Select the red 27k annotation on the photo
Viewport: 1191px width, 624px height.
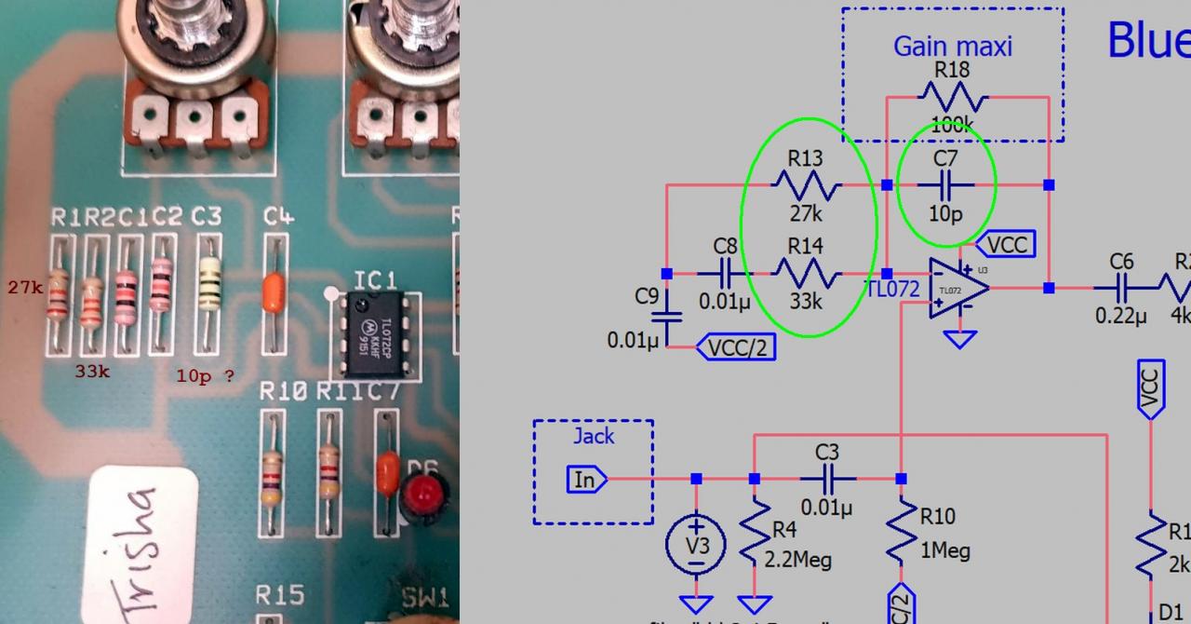25,288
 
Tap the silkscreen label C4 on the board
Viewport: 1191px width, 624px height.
278,217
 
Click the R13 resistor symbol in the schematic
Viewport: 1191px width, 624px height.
806,184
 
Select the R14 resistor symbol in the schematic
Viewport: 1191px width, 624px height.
806,273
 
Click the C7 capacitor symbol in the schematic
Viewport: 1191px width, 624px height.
945,184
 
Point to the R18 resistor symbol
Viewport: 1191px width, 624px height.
952,96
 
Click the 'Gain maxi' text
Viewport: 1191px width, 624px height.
952,46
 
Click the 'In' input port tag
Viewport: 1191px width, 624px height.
586,480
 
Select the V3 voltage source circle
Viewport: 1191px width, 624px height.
696,544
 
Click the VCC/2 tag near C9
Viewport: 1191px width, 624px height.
736,347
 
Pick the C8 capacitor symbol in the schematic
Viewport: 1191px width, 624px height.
726,273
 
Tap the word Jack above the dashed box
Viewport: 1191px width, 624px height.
594,436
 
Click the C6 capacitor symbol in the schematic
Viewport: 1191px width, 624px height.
1121,288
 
